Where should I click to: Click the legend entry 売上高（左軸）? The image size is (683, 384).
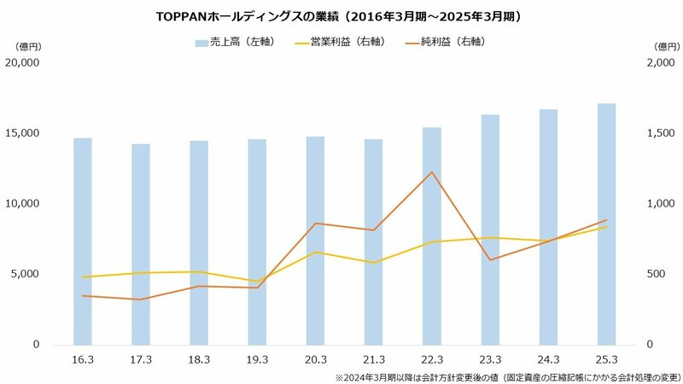tap(234, 42)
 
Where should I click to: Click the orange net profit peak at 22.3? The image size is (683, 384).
tap(432, 172)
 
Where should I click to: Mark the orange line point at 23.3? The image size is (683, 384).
tap(490, 259)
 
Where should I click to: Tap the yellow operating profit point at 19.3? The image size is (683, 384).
tap(257, 281)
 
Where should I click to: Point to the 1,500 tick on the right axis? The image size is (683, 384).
tap(656, 133)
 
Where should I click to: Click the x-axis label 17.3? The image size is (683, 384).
tap(141, 361)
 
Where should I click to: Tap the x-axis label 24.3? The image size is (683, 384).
tap(548, 361)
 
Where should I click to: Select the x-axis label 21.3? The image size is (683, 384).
tap(373, 361)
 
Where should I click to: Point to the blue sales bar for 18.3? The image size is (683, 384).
tap(199, 242)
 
